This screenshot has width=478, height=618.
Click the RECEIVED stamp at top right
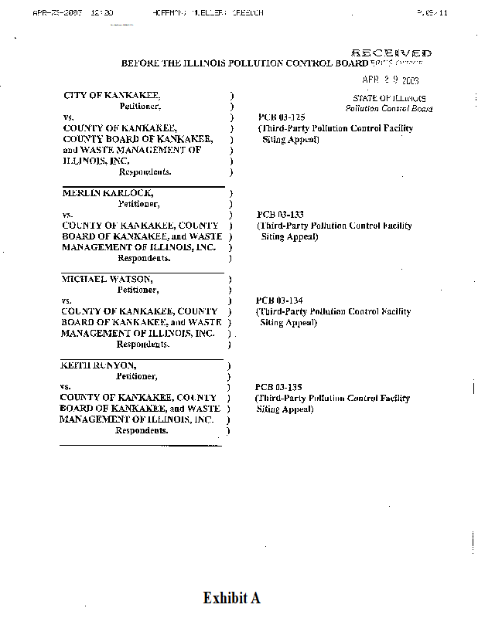(391, 53)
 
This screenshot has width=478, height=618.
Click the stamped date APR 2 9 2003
(391, 80)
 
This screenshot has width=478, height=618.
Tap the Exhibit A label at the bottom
(231, 598)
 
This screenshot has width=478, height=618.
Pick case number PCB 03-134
(276, 301)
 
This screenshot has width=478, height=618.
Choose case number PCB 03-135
(275, 386)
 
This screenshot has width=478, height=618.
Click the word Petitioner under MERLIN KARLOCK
(138, 204)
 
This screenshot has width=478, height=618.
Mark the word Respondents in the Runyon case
(142, 430)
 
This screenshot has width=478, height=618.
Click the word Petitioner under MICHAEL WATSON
(138, 290)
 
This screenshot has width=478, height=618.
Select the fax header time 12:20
(102, 13)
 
